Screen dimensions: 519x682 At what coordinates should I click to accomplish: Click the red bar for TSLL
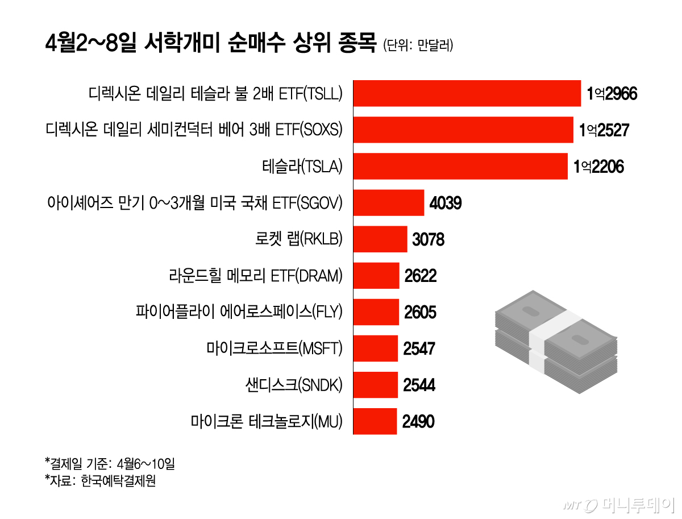point(467,93)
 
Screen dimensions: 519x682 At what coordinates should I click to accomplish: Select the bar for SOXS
point(463,130)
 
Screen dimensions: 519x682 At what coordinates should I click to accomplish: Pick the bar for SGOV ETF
point(389,202)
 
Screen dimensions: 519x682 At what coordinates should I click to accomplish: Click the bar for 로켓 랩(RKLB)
point(380,239)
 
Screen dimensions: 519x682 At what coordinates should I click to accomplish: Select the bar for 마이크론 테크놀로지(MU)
point(375,421)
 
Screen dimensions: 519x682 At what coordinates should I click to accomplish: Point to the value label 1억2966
point(612,93)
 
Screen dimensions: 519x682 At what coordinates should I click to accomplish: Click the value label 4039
point(446,203)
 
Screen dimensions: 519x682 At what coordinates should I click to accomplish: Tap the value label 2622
point(421,276)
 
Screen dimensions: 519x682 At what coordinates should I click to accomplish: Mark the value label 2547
point(419,348)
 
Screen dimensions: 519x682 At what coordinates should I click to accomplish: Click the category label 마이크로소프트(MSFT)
point(275,348)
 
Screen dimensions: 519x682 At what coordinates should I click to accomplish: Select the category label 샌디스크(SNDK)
point(290,385)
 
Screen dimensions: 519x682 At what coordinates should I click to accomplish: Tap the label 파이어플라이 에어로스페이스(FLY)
point(239,312)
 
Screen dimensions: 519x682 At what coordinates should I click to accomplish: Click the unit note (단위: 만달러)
point(418,45)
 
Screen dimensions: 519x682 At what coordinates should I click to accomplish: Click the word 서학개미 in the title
point(194,43)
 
